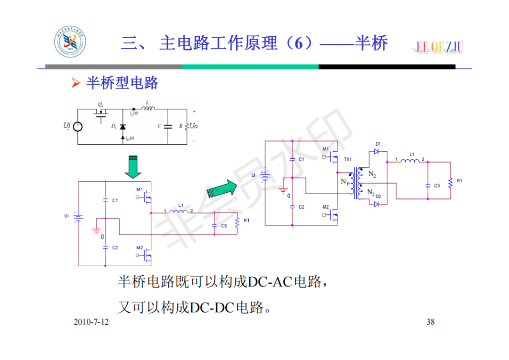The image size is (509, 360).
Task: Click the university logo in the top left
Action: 70,43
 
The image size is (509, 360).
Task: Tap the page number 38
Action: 430,322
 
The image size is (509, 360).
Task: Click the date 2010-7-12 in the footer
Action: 91,322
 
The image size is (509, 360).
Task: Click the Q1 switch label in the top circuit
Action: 101,104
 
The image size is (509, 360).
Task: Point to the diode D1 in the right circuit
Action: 376,151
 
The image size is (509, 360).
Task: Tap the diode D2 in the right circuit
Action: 376,204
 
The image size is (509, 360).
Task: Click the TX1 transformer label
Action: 347,160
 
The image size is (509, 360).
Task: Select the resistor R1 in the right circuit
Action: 451,181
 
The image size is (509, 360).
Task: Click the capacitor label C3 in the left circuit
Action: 224,226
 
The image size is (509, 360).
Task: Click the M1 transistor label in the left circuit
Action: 140,189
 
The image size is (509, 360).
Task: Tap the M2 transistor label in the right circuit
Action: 326,207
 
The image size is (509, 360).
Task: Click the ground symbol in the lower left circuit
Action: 97,231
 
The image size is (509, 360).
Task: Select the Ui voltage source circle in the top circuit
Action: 78,127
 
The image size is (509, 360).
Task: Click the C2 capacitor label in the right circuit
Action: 301,207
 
